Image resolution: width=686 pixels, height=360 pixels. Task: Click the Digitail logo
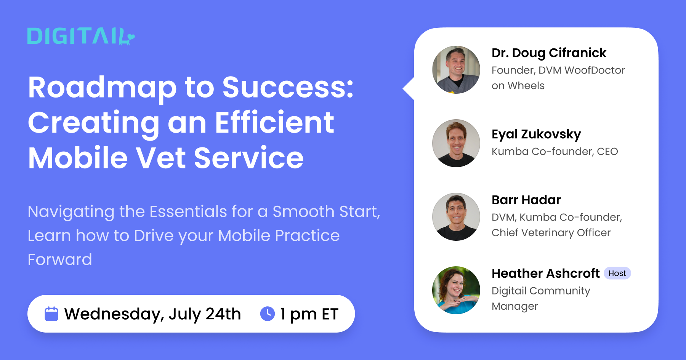click(81, 37)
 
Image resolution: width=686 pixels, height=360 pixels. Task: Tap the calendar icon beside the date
click(51, 314)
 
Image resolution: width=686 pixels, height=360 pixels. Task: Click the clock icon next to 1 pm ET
click(268, 314)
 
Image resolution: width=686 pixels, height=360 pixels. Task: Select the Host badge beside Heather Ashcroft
click(617, 273)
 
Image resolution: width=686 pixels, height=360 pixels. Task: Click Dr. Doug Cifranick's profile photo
click(456, 70)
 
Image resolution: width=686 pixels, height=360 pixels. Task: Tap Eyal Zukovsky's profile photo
click(456, 143)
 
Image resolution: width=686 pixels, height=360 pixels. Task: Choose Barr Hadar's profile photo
click(456, 217)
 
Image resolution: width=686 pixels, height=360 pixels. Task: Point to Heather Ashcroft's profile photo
click(456, 290)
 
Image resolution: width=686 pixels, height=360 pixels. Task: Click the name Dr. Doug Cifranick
click(549, 53)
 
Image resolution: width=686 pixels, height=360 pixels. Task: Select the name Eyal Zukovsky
click(536, 134)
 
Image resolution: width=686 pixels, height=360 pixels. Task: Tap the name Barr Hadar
click(526, 200)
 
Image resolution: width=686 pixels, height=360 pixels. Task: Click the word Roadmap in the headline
click(102, 88)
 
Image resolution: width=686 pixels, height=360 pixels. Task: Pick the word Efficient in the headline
click(274, 123)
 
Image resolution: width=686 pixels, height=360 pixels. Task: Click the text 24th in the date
click(223, 314)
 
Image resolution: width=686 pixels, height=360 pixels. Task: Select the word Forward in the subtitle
click(60, 260)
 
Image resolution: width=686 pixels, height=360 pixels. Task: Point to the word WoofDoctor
click(595, 70)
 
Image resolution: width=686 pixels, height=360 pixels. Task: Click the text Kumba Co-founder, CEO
click(555, 152)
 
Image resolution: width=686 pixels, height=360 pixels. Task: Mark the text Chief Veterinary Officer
click(551, 233)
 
